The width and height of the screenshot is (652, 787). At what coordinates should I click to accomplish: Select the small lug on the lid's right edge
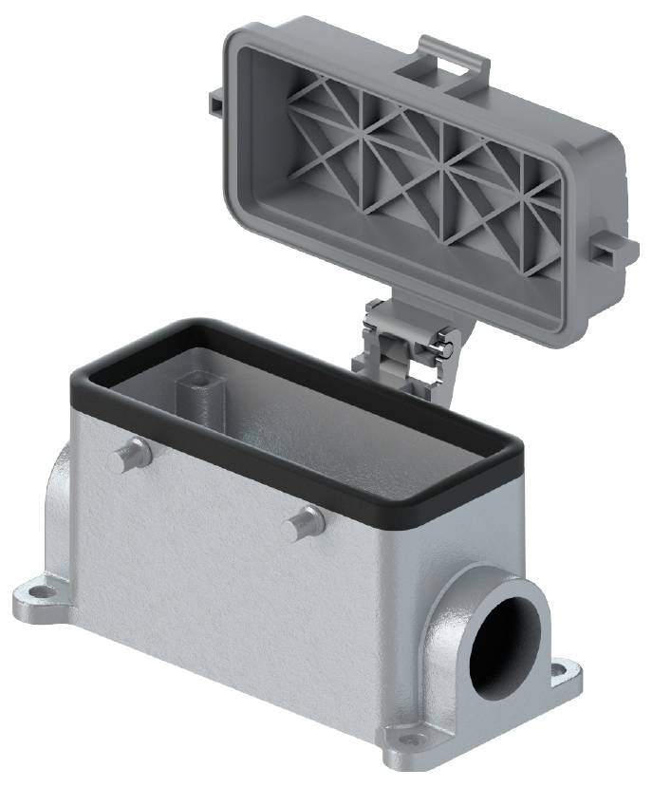coord(606,248)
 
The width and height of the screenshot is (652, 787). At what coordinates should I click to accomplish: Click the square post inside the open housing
coord(194,388)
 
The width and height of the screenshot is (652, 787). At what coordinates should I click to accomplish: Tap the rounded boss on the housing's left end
coord(59,503)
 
